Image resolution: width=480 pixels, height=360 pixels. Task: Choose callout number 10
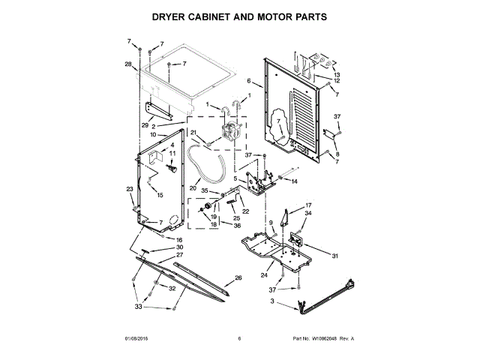[x=154, y=135]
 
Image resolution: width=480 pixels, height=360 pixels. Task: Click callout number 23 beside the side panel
[x=129, y=189]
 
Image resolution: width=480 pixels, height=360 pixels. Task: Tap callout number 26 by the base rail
[x=238, y=278]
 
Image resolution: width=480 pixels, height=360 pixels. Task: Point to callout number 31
[x=335, y=256]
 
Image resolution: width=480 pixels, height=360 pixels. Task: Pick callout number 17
[x=307, y=205]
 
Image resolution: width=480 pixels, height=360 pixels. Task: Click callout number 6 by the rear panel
[x=248, y=80]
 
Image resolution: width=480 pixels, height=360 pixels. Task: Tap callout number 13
[x=337, y=76]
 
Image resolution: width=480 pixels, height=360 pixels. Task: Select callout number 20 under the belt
[x=193, y=187]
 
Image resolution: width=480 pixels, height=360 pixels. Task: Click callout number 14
[x=294, y=181]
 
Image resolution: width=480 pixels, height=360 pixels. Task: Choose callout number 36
[x=237, y=225]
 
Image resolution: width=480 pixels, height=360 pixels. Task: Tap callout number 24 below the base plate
[x=263, y=275]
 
